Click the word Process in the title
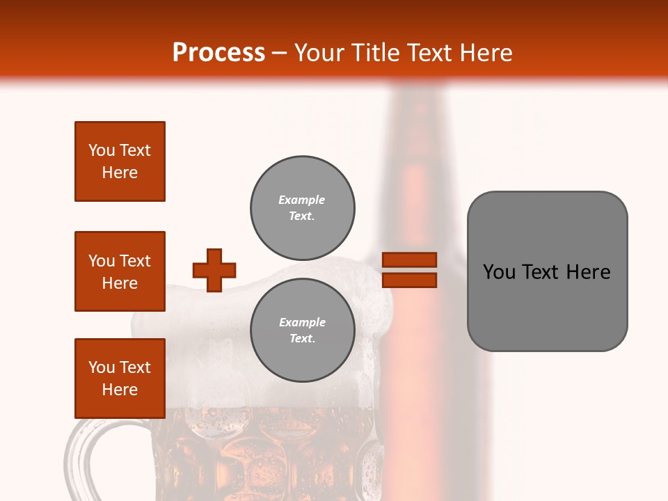218,52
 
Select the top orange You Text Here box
120,161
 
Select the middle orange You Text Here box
120,271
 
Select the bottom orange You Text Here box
120,379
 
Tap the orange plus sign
214,270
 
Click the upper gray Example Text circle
302,208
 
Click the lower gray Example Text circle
302,331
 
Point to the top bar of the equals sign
410,260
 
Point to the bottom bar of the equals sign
410,280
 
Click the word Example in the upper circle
302,200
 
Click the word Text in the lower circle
302,339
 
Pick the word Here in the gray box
588,272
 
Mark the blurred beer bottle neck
415,139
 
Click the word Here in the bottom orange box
120,390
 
